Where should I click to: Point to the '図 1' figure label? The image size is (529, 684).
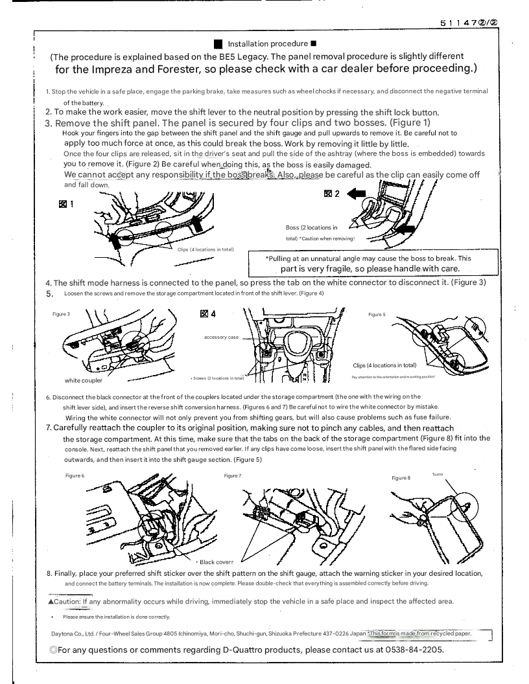[x=65, y=204]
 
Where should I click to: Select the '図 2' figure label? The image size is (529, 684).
[x=331, y=194]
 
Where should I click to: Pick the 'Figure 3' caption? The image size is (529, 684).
[x=61, y=314]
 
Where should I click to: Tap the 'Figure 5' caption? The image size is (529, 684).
[x=377, y=314]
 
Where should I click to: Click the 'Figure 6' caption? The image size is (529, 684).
[x=75, y=475]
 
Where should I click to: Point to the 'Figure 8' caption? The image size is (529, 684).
[x=401, y=477]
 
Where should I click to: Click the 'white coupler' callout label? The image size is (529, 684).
[x=84, y=380]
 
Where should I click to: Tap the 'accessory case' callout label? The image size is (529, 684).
[x=221, y=337]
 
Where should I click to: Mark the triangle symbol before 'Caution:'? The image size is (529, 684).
[x=51, y=602]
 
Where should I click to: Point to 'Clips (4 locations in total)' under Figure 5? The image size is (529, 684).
[x=384, y=365]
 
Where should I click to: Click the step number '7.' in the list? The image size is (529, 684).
[x=49, y=427]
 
